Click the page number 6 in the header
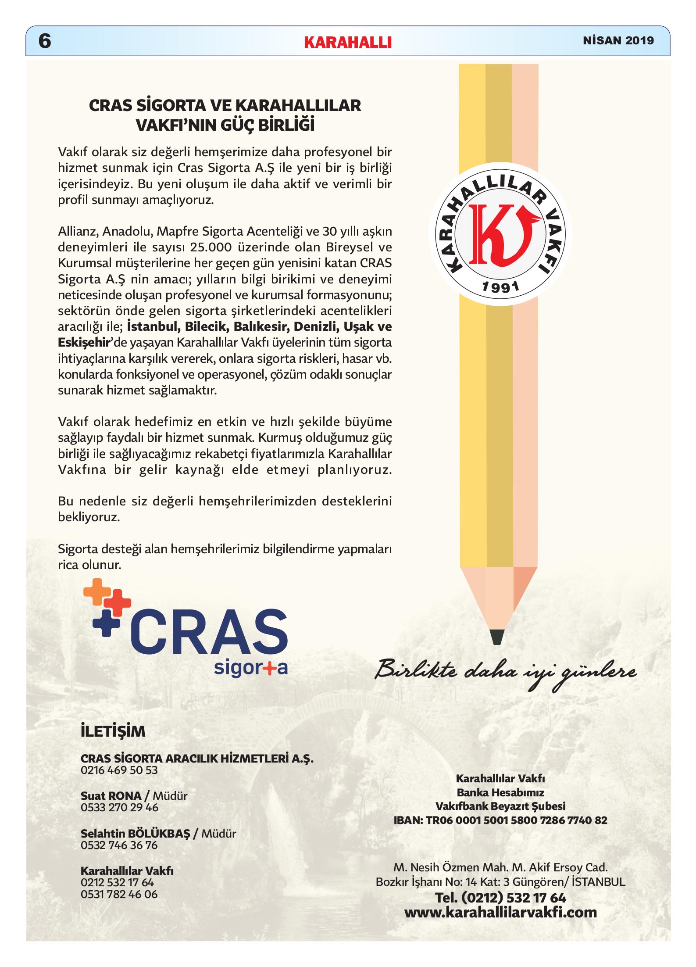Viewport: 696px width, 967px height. tap(45, 41)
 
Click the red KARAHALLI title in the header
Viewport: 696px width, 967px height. tap(347, 42)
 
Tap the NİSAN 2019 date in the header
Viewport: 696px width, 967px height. tap(618, 40)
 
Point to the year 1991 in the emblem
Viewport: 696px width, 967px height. tap(500, 287)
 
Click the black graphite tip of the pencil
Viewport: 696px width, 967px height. tap(497, 637)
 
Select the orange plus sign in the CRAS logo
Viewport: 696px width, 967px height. tap(97, 591)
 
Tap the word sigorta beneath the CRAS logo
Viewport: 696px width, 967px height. tap(250, 668)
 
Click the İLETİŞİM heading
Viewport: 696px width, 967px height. tap(113, 731)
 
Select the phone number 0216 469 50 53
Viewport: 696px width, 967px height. tap(119, 770)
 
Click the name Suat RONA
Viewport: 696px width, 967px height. tap(111, 795)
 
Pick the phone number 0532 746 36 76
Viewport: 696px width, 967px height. tap(119, 845)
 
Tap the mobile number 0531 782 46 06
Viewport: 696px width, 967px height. tap(119, 894)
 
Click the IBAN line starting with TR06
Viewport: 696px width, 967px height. tap(500, 820)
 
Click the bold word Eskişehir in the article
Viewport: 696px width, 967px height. tap(83, 342)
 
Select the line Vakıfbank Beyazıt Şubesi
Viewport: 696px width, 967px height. tap(500, 806)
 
